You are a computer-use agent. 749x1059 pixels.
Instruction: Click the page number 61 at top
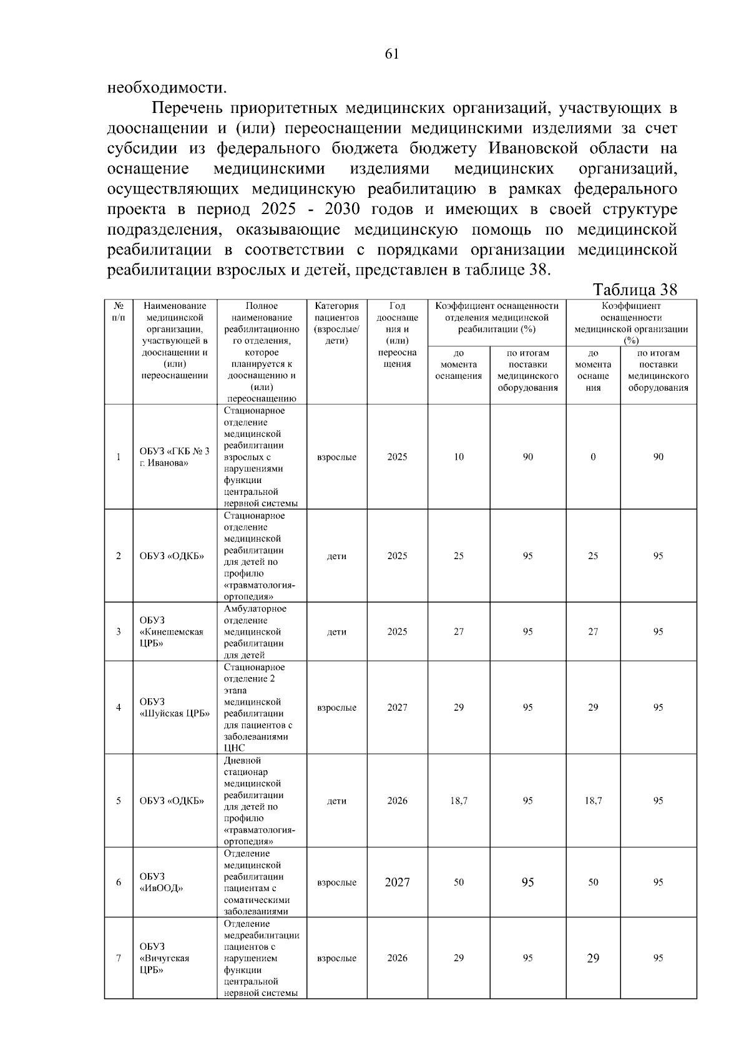[x=392, y=54]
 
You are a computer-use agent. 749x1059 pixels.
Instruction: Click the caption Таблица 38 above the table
[x=635, y=290]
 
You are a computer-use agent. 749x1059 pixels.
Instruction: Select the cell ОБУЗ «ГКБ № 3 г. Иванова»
[x=174, y=457]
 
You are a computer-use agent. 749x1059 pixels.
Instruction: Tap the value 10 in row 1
[x=459, y=457]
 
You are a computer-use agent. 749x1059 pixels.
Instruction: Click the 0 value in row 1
[x=593, y=457]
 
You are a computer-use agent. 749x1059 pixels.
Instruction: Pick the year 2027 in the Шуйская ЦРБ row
[x=397, y=707]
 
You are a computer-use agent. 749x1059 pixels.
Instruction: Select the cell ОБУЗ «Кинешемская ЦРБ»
[x=172, y=632]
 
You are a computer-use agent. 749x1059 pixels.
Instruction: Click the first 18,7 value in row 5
[x=459, y=801]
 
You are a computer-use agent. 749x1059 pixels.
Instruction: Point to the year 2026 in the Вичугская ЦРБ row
[x=397, y=958]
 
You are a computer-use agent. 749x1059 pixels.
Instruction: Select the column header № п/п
[x=119, y=311]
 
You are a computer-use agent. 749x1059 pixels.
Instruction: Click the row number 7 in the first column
[x=119, y=958]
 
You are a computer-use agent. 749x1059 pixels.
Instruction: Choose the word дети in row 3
[x=336, y=632]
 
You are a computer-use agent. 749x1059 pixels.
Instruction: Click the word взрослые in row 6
[x=336, y=882]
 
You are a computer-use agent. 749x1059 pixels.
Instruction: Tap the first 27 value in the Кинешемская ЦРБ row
[x=459, y=632]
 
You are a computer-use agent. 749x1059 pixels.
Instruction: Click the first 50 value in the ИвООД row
[x=459, y=882]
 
